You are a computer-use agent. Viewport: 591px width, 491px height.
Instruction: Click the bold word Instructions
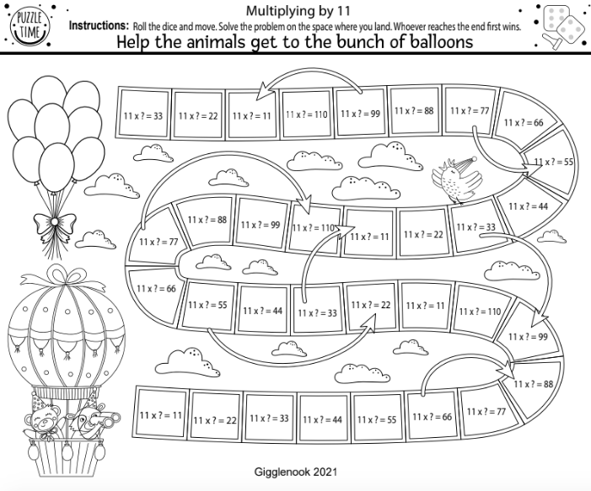point(99,26)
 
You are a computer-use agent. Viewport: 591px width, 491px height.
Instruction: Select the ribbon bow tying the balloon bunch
point(54,226)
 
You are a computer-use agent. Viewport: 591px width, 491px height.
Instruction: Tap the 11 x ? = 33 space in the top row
point(143,115)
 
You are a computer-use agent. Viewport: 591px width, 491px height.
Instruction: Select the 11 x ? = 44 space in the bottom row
point(323,419)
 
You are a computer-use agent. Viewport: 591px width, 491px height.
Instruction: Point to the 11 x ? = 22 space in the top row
point(197,115)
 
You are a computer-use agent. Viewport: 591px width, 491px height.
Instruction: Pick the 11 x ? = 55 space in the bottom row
point(377,419)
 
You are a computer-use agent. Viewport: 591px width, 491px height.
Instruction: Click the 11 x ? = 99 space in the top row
point(360,111)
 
